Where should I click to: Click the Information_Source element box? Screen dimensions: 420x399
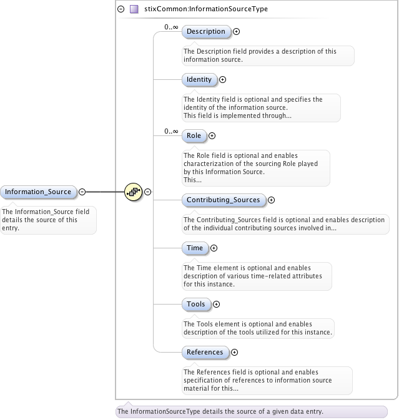coord(38,192)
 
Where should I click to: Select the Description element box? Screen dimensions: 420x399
coord(206,31)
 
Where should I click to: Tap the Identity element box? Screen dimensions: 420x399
coord(199,79)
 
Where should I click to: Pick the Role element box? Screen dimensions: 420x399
coord(194,135)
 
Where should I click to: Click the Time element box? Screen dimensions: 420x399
coord(195,248)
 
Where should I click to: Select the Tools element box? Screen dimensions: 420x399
coord(196,304)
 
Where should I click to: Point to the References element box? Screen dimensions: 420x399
coord(205,352)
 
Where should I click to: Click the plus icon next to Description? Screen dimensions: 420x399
coord(237,31)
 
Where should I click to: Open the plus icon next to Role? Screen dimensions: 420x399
coord(212,135)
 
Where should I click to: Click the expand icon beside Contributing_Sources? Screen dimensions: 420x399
coord(271,200)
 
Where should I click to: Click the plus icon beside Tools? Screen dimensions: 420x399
coord(217,304)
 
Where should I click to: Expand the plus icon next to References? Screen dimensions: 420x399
coord(234,352)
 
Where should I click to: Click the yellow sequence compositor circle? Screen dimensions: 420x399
coord(134,192)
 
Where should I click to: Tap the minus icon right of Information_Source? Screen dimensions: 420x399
coord(82,192)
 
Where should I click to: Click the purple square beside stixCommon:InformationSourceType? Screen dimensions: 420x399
coord(134,9)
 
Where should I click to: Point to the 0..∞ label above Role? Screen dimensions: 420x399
coord(171,131)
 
